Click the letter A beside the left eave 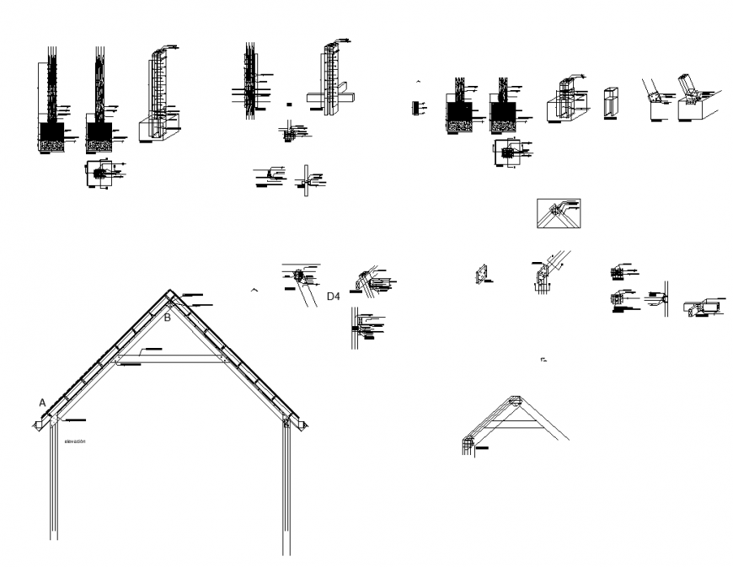coord(42,403)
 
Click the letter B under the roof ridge coord(167,318)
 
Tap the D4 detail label coord(333,297)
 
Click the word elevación coord(73,441)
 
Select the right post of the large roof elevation coord(286,489)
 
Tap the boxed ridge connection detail coord(558,213)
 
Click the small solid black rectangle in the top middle coord(289,104)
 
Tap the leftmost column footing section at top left coord(52,105)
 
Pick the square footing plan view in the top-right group coord(509,153)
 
